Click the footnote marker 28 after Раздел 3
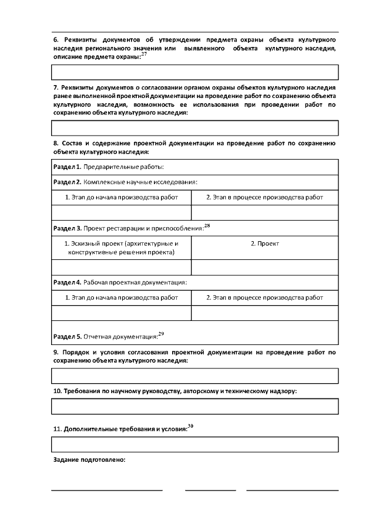(x=207, y=225)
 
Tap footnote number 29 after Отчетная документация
(x=162, y=334)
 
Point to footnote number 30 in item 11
(x=190, y=425)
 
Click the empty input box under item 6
(x=195, y=72)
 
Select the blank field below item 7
(x=195, y=128)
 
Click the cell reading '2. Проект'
(x=265, y=243)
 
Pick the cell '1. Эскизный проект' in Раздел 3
(x=122, y=248)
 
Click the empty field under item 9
(x=195, y=376)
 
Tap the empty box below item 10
(x=195, y=406)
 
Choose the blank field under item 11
(x=195, y=444)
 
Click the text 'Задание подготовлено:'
(x=90, y=461)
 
